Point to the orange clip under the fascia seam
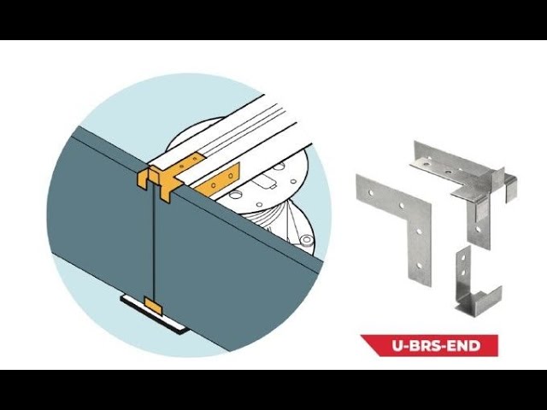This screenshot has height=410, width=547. coord(153,306)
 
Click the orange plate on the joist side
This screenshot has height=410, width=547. coord(218,181)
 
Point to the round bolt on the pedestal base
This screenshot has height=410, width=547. coord(307,239)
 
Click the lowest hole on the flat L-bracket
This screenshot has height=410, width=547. coord(420,266)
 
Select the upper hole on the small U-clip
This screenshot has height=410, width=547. coord(463,259)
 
